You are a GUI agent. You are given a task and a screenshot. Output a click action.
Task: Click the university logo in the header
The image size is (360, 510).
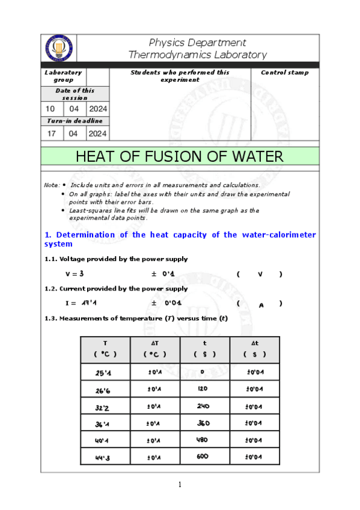(58, 48)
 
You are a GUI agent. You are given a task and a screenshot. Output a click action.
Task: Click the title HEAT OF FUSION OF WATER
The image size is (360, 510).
(180, 157)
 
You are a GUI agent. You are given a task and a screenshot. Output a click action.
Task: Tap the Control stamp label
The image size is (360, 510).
(284, 73)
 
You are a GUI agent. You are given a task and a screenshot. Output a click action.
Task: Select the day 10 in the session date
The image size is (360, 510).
(50, 109)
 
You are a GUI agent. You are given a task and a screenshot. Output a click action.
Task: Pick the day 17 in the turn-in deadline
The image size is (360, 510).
(51, 134)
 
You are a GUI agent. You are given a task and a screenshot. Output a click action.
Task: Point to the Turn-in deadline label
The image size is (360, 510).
(75, 121)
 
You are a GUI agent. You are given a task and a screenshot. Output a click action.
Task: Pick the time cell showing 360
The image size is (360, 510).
(204, 423)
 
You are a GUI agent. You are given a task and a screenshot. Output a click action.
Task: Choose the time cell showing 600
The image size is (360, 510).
(204, 456)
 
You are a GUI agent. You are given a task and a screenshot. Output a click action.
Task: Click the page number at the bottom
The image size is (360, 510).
(180, 485)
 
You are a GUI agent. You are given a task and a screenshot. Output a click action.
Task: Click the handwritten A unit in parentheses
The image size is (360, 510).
(261, 305)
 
